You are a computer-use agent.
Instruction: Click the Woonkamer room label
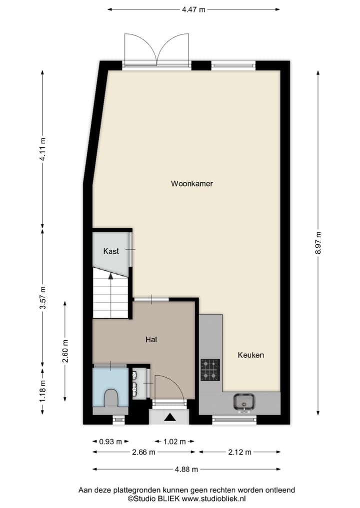tap(192, 184)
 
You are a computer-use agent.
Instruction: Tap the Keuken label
tap(250, 355)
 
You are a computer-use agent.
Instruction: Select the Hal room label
tap(151, 340)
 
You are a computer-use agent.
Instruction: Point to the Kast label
tap(111, 251)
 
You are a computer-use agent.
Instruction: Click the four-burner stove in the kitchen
tap(210, 370)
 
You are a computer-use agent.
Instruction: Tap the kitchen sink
tap(244, 401)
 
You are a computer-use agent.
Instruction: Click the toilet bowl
tap(110, 398)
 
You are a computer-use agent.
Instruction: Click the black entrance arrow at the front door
tap(170, 417)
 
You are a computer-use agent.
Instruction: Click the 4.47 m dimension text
tap(193, 9)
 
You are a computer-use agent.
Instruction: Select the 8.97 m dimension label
tap(318, 243)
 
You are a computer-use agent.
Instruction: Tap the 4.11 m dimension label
tap(42, 149)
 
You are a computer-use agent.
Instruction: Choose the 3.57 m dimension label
tap(42, 298)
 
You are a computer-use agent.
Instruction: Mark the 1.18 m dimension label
tap(42, 391)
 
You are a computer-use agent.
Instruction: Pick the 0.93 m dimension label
tap(110, 442)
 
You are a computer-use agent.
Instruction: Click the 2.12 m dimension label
tap(239, 452)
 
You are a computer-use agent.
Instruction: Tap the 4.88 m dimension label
tap(185, 469)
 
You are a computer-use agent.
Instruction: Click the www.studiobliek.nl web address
tap(213, 499)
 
